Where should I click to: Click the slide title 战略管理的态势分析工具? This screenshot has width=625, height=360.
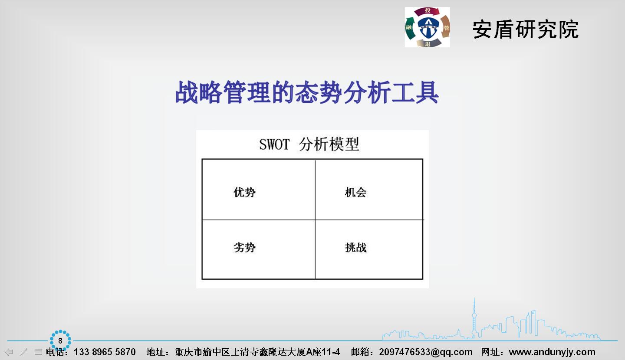pos(307,92)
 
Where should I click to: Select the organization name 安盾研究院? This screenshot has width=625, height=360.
pos(525,29)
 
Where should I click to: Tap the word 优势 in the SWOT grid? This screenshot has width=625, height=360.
pos(244,193)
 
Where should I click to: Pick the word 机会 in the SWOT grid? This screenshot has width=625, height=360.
pos(356,193)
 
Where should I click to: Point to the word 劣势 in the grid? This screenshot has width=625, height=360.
pos(244,247)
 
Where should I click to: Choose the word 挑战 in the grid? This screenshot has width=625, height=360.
pos(356,247)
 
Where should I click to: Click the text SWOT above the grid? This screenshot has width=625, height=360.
pos(275,144)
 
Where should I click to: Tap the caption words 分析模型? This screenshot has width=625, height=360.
pos(329,144)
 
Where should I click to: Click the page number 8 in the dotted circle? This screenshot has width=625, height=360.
pos(60,341)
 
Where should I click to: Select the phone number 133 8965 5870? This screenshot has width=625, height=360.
pos(105,352)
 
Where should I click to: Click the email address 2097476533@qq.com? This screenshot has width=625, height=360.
pos(426,352)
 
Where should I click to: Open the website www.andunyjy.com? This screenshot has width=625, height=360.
pos(552,352)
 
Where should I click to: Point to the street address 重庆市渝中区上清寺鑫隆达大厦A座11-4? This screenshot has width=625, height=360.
pos(257,352)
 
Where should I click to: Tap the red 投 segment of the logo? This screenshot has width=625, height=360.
pos(427,11)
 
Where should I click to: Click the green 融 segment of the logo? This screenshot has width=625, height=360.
pos(410,28)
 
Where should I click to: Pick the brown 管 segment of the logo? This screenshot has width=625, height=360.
pos(446,27)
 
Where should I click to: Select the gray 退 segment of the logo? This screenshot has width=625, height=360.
pos(428,43)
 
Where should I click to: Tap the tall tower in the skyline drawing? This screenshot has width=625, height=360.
pos(474,318)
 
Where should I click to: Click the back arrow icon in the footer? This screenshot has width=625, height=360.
pos(9,352)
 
